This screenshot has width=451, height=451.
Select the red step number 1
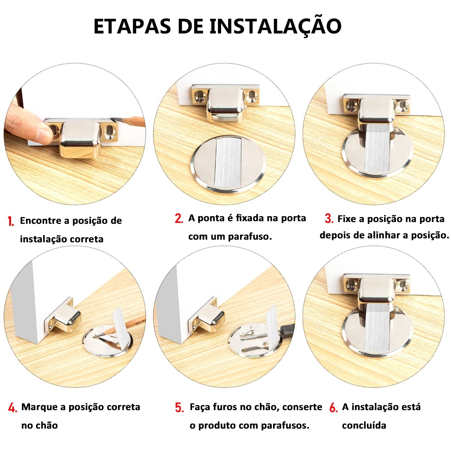(x=11, y=221)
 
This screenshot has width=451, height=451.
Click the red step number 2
(x=179, y=218)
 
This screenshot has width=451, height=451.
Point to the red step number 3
(x=329, y=218)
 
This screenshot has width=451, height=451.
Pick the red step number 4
(x=13, y=407)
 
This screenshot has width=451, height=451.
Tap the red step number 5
(x=180, y=407)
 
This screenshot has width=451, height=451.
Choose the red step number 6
(x=333, y=407)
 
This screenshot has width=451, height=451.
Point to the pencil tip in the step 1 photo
(x=113, y=119)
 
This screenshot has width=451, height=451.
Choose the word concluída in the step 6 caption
(x=364, y=425)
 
